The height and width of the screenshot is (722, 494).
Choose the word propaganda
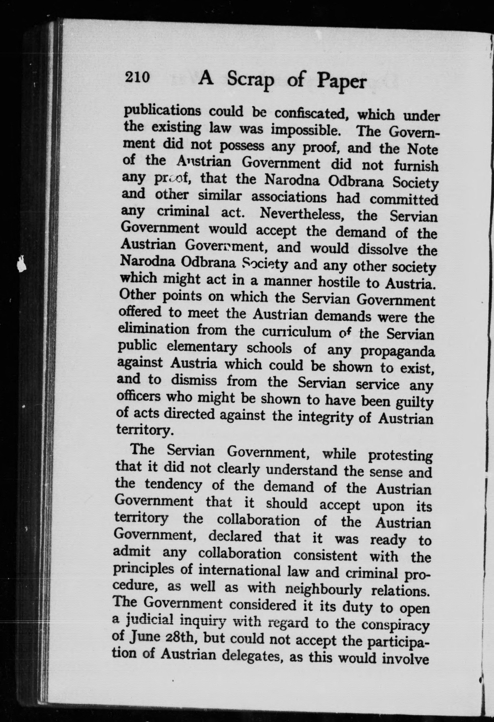tap(398, 351)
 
